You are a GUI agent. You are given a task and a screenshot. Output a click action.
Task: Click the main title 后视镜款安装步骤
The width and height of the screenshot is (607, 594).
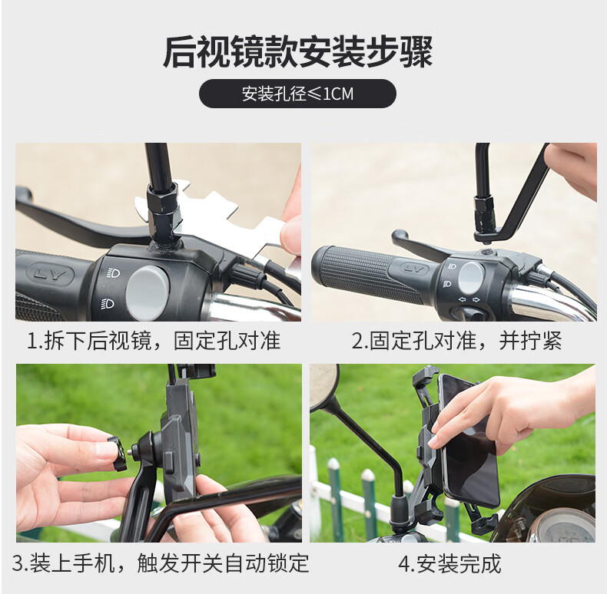(297, 52)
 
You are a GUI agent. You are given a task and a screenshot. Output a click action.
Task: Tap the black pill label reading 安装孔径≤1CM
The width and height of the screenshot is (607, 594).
(297, 94)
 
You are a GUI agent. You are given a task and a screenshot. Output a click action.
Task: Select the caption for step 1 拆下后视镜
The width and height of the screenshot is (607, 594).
(154, 341)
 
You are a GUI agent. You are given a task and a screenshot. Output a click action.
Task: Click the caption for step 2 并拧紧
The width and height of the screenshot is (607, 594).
(456, 341)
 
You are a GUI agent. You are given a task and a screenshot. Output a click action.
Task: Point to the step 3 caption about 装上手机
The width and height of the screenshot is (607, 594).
(161, 563)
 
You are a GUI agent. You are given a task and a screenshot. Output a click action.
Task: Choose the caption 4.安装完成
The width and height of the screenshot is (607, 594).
(449, 563)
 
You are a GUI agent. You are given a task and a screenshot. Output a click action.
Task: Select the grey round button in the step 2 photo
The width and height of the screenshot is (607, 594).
(472, 279)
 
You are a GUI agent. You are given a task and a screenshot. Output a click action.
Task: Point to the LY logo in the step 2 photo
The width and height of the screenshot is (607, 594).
(415, 268)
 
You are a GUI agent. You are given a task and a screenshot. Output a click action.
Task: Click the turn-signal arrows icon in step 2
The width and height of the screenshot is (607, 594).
(469, 300)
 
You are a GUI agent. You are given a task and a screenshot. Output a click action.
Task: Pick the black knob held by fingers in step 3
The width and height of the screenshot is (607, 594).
(117, 454)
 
